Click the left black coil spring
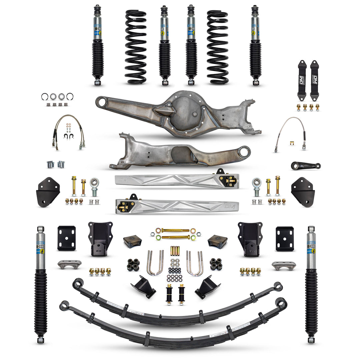pyautogui.click(x=136, y=47)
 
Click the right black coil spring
pyautogui.click(x=217, y=47)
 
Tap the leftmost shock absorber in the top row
pyautogui.click(x=98, y=45)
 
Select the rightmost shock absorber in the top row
pyautogui.click(x=255, y=45)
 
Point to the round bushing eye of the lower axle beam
pyautogui.click(x=245, y=152)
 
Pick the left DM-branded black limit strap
pyautogui.click(x=302, y=80)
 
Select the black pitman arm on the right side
pyautogui.click(x=305, y=165)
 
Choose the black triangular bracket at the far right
pyautogui.click(x=303, y=191)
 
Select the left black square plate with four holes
pyautogui.click(x=66, y=238)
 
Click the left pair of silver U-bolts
pyautogui.click(x=155, y=263)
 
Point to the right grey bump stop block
pyautogui.click(x=217, y=241)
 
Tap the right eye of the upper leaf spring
pyautogui.click(x=278, y=286)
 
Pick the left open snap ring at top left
pyautogui.click(x=45, y=97)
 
